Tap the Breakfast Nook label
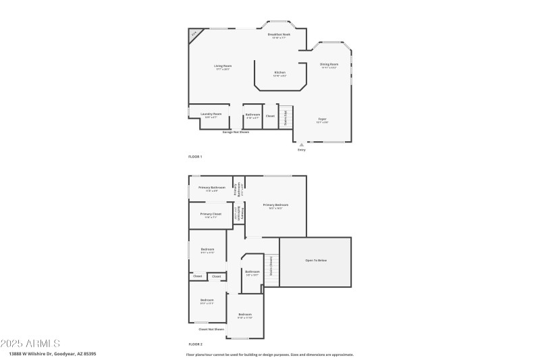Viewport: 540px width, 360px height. (x=278, y=34)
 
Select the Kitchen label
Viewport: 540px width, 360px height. (x=279, y=73)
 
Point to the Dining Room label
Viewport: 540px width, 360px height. (x=329, y=65)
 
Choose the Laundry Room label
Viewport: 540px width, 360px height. (x=211, y=114)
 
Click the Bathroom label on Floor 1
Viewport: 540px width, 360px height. (x=252, y=115)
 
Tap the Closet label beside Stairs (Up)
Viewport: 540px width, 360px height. (x=270, y=115)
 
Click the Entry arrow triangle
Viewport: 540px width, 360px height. (x=302, y=144)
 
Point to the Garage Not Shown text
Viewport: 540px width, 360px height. (x=236, y=132)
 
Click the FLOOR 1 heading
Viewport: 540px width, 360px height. (x=195, y=156)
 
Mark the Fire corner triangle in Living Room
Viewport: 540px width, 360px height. (x=194, y=34)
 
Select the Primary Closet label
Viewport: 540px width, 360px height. (x=211, y=214)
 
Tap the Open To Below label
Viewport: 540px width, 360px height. (x=315, y=260)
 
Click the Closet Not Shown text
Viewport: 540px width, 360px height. (x=211, y=330)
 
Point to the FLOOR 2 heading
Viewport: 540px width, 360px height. (x=195, y=344)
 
